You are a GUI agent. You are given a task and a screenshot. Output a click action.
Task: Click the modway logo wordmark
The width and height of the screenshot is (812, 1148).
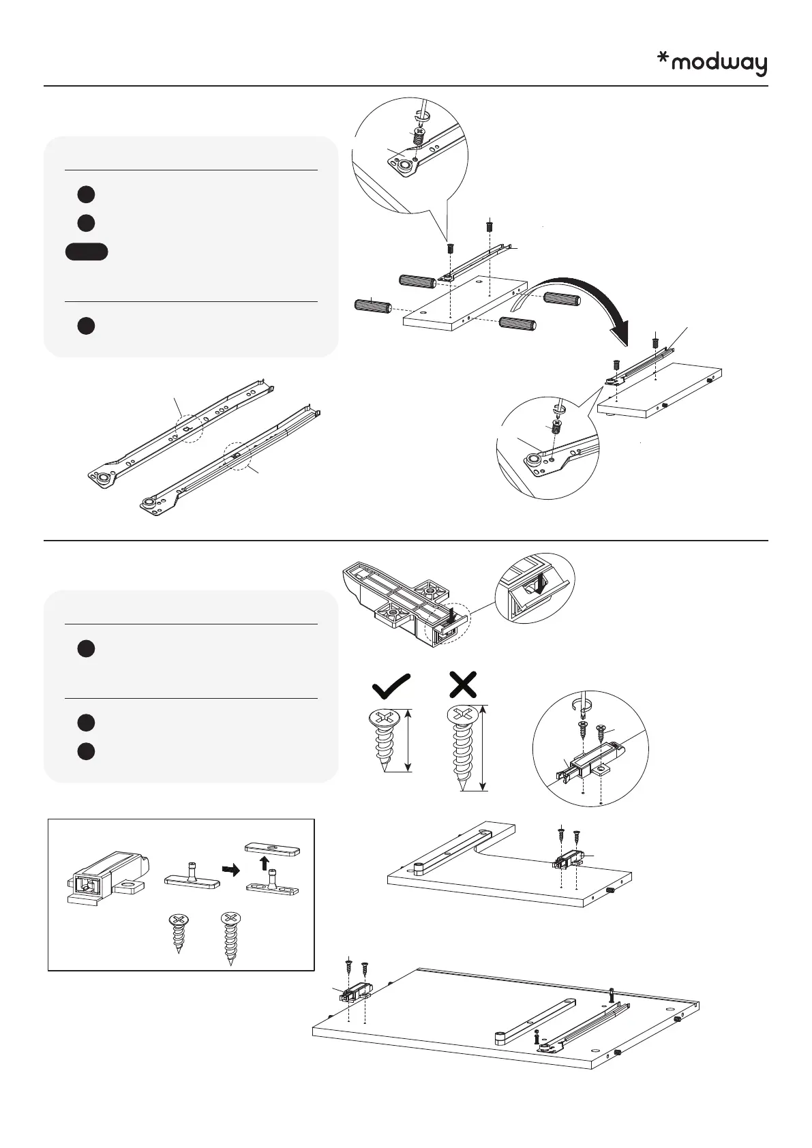point(719,64)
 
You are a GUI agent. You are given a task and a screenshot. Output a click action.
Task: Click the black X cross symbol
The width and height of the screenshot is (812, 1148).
point(464,684)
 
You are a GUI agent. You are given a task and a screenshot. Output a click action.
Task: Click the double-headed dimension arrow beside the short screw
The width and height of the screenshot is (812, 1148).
point(408,740)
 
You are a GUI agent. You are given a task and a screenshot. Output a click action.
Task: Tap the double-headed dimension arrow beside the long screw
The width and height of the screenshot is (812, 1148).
point(483,748)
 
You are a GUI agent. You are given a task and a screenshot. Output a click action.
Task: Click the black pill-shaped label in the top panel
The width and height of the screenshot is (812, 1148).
point(87,252)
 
